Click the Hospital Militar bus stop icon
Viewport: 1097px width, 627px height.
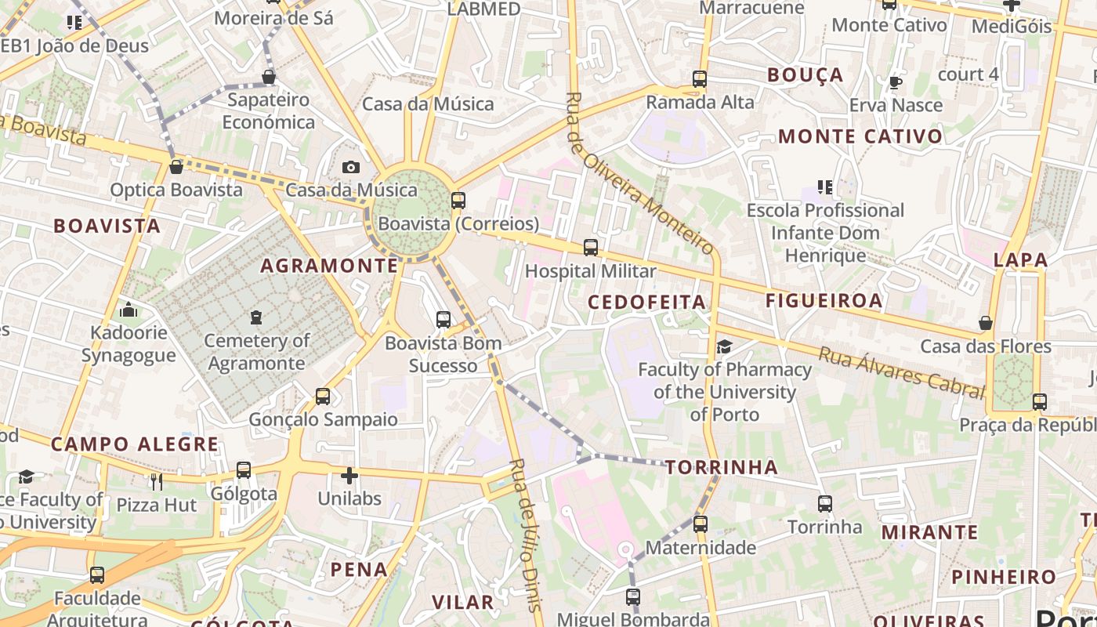pos(591,248)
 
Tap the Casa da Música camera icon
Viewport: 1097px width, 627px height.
pos(351,167)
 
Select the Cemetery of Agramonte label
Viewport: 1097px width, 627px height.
pos(256,352)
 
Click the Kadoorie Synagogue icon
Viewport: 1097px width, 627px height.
pos(129,310)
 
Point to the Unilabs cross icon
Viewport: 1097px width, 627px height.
pos(349,475)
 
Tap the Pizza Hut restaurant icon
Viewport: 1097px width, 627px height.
pos(157,481)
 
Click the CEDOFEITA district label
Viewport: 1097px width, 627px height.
pos(646,303)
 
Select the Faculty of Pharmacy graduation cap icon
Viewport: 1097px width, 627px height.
pos(724,346)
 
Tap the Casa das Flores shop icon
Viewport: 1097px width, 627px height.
pos(986,323)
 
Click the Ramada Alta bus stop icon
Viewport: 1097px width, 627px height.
pos(700,79)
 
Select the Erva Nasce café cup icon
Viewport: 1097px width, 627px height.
pos(896,82)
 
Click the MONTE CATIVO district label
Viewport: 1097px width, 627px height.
pos(860,136)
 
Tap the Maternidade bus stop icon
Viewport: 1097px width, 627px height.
pos(701,524)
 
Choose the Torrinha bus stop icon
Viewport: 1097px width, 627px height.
pos(825,504)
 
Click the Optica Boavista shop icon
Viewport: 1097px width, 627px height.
pos(176,167)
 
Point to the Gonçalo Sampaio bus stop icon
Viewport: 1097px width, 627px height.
pos(323,397)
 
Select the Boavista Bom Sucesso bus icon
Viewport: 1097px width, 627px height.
pos(444,320)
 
